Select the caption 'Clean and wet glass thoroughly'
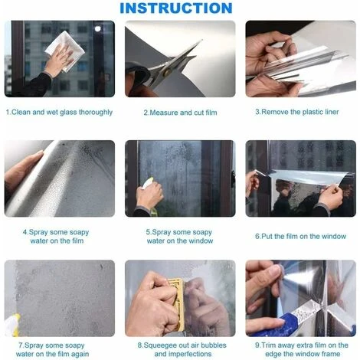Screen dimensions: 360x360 60,112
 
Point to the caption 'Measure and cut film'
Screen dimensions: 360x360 180,113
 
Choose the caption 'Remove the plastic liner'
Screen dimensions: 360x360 300,112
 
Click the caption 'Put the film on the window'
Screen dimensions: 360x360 300,236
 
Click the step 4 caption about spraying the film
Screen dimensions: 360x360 60,236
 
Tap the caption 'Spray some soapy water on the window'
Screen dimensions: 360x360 180,236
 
